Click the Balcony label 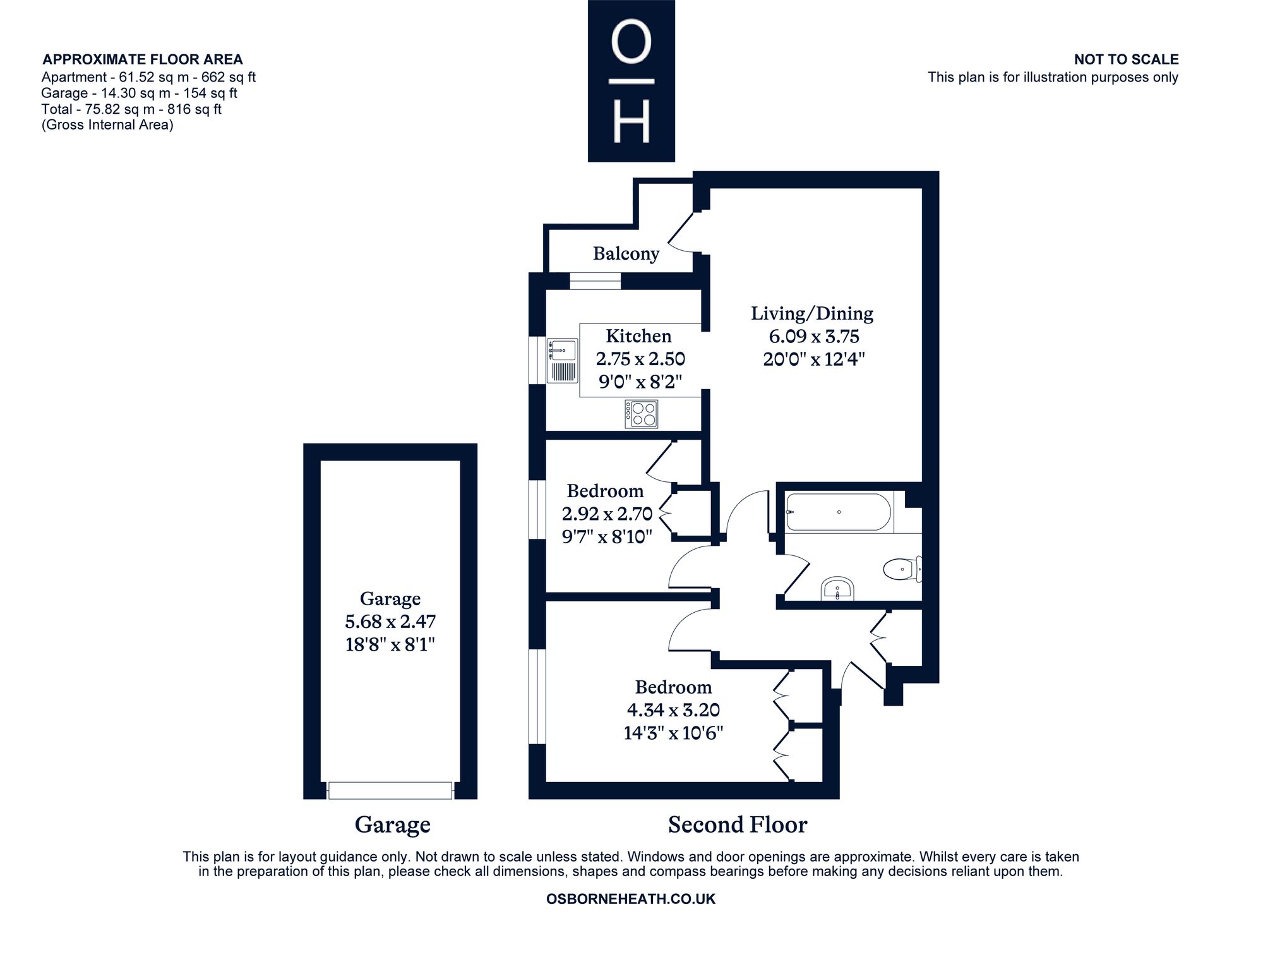(x=626, y=254)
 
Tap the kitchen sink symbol (x=562, y=361)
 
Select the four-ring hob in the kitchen (x=642, y=414)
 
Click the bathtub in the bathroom (x=839, y=512)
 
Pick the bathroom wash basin (x=837, y=589)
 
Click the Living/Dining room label (x=812, y=313)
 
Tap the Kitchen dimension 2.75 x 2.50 (x=640, y=359)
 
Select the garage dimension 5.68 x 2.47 (x=390, y=622)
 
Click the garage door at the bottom (x=390, y=790)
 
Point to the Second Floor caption (x=738, y=824)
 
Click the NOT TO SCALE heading (x=1126, y=59)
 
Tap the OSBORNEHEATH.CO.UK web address (x=631, y=899)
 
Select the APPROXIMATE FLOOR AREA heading (x=142, y=59)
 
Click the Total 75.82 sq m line (x=131, y=109)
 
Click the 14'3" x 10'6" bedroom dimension (x=673, y=733)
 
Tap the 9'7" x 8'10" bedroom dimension (x=607, y=537)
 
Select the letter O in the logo (x=631, y=45)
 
